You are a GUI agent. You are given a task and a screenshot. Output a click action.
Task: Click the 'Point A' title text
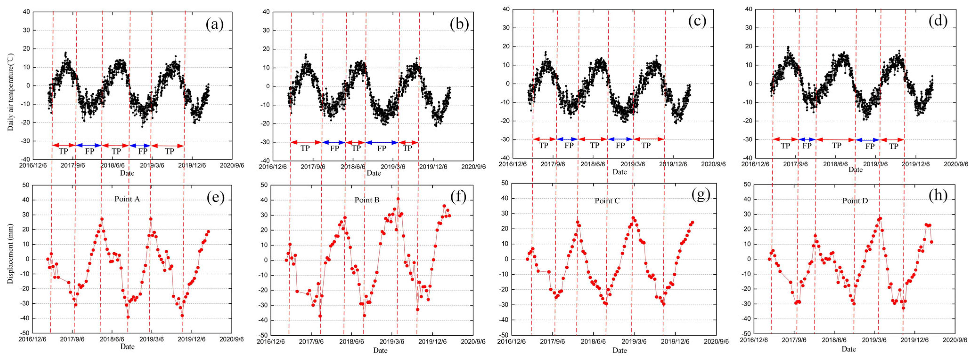click(127, 199)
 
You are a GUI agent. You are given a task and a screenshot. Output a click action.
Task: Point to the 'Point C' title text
click(607, 201)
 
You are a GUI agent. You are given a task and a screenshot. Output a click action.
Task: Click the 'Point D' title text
click(855, 201)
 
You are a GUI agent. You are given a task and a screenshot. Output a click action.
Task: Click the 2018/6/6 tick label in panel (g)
click(593, 341)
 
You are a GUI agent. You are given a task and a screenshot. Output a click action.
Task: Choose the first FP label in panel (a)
click(90, 151)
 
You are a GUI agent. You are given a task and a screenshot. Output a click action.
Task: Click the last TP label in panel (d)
click(894, 146)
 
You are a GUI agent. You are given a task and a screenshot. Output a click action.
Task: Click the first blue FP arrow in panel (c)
click(567, 139)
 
